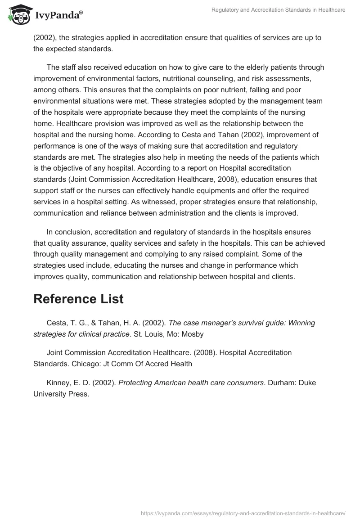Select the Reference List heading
coord(78,299)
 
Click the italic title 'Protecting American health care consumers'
coord(191,382)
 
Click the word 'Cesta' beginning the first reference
coord(56,323)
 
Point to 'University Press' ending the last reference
coord(61,394)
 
